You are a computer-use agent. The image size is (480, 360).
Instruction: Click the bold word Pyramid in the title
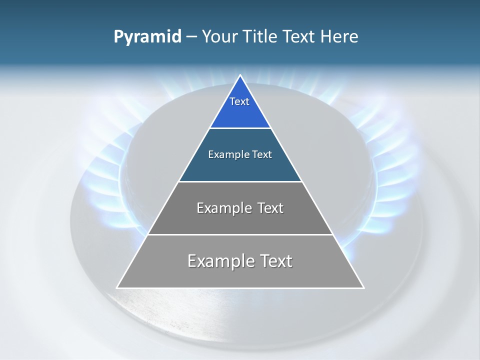[147, 37]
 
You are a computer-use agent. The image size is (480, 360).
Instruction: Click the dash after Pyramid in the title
[191, 37]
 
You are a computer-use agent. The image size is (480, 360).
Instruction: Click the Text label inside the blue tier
[239, 101]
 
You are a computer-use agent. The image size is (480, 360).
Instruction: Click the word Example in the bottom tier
[215, 261]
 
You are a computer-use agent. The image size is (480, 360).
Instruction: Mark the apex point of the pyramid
[240, 75]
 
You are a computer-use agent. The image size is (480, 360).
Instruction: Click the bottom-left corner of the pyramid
[117, 287]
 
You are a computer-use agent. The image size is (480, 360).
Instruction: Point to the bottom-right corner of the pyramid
[363, 287]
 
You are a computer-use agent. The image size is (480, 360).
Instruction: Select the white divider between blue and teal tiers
[240, 128]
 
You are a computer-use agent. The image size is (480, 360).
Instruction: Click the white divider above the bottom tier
[240, 234]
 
